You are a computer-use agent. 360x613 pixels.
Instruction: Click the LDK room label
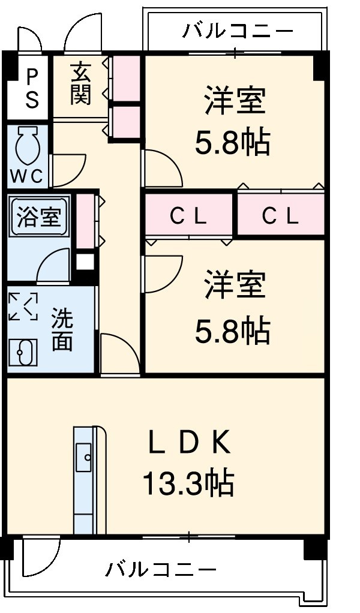point(189,444)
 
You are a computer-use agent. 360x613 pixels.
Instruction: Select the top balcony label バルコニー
point(238,30)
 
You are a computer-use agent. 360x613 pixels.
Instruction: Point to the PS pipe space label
point(31,88)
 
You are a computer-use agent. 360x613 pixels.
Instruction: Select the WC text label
point(27,176)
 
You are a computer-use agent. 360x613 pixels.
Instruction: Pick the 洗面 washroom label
point(62,330)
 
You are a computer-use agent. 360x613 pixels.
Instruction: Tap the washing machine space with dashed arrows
point(23,306)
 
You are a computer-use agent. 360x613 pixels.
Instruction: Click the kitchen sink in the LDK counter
point(84,459)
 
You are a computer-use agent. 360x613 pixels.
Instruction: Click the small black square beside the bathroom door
point(85,262)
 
